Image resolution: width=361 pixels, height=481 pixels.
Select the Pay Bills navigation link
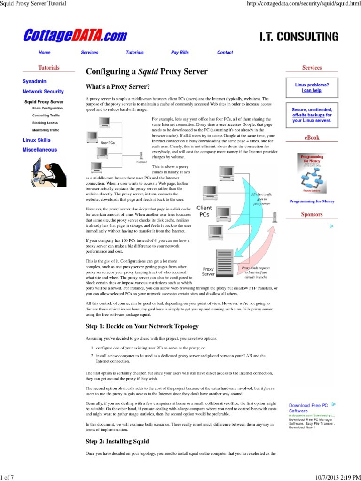pyautogui.click(x=180, y=53)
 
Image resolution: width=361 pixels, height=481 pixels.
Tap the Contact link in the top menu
pyautogui.click(x=225, y=53)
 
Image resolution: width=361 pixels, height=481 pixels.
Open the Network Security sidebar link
pyautogui.click(x=43, y=92)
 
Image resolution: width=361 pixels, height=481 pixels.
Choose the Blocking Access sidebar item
pyautogui.click(x=45, y=122)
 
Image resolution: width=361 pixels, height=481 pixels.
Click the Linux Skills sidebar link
pyautogui.click(x=36, y=140)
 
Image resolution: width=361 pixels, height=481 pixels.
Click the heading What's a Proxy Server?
pyautogui.click(x=118, y=87)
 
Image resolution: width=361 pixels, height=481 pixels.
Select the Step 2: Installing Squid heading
pyautogui.click(x=117, y=442)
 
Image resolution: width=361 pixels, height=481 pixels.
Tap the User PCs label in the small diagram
pyautogui.click(x=108, y=142)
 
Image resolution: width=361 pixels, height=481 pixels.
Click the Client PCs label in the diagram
pyautogui.click(x=204, y=211)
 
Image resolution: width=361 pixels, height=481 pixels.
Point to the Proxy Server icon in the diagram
pyautogui.click(x=222, y=262)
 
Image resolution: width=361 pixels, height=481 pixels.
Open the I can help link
pyautogui.click(x=312, y=91)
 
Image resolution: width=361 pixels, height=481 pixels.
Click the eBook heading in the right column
pyautogui.click(x=312, y=138)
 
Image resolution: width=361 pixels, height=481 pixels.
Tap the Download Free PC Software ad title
pyautogui.click(x=308, y=408)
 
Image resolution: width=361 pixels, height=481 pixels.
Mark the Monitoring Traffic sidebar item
pyautogui.click(x=46, y=130)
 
